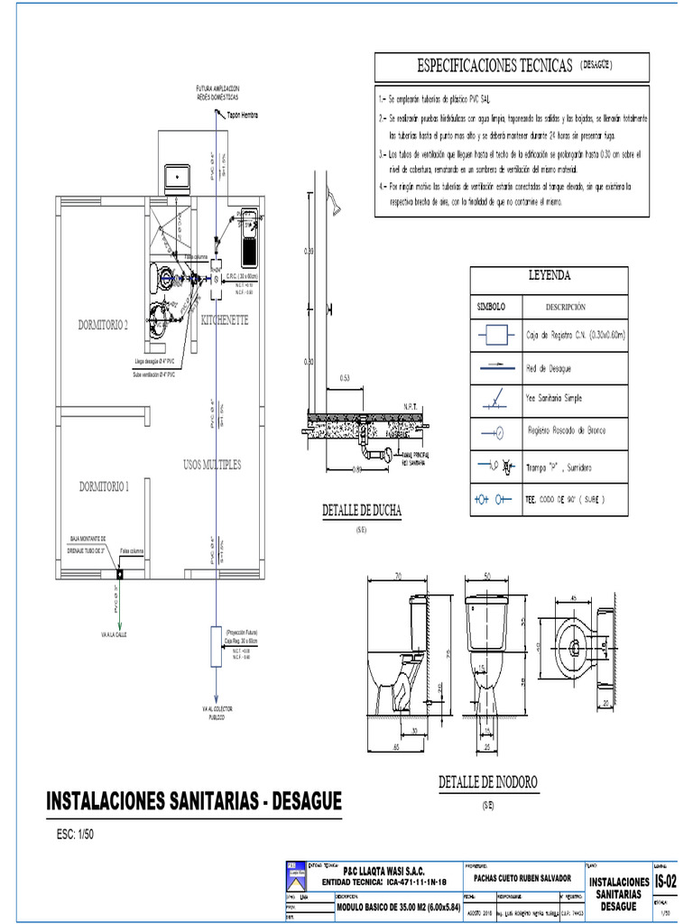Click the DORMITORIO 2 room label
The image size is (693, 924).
103,326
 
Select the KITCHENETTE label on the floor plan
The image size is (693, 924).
225,320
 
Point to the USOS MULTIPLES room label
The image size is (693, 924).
212,465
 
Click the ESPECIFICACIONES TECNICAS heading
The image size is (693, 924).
494,66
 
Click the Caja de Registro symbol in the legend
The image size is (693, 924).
493,336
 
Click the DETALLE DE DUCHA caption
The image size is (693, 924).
362,512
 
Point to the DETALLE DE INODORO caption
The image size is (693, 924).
488,781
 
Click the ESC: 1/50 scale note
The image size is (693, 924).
75,834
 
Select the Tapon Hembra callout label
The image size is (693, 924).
243,115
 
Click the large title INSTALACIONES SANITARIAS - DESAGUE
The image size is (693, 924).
194,801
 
